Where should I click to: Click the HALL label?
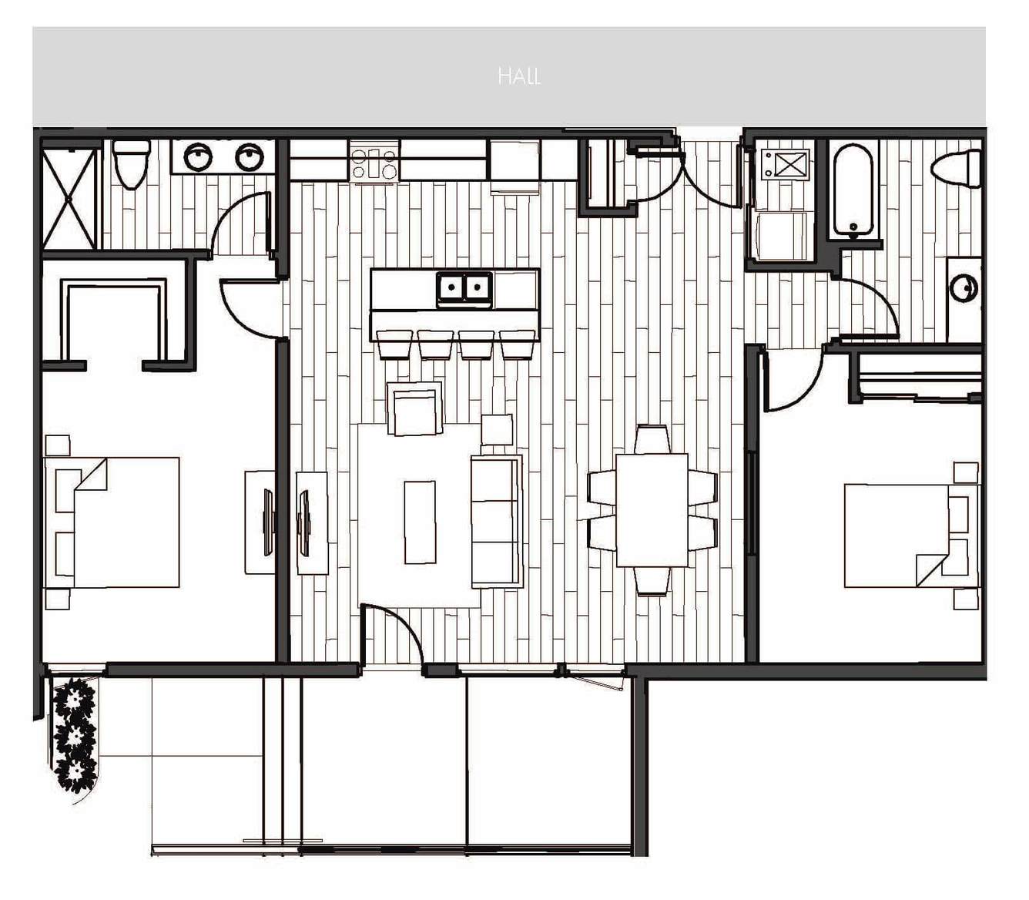click(x=519, y=76)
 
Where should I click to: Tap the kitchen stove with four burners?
click(x=374, y=163)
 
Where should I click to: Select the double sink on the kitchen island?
click(x=464, y=289)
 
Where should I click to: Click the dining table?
click(x=652, y=509)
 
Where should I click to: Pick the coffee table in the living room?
click(x=420, y=522)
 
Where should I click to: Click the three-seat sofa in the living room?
click(x=496, y=521)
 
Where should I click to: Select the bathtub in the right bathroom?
click(x=853, y=190)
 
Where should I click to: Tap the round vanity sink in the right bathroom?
click(x=964, y=287)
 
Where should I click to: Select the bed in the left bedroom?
click(x=112, y=522)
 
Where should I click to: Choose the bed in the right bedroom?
click(x=912, y=536)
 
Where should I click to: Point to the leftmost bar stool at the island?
click(x=394, y=344)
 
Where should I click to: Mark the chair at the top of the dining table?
click(x=652, y=439)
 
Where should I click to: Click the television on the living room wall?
click(x=303, y=524)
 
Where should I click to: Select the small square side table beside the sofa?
click(x=497, y=430)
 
